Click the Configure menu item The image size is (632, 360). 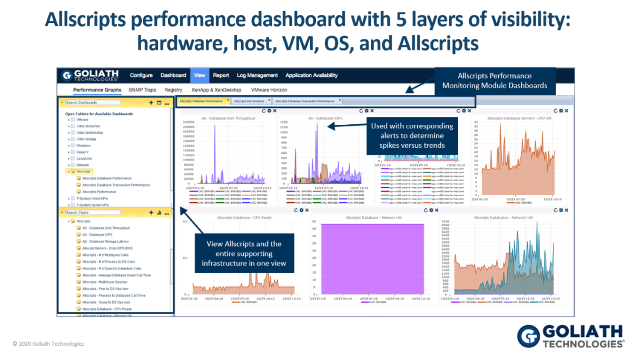[141, 75]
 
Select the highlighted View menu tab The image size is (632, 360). [200, 75]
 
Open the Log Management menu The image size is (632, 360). [257, 75]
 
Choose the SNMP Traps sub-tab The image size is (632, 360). [142, 90]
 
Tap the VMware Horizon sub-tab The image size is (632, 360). [269, 90]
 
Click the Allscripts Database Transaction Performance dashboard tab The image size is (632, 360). [305, 101]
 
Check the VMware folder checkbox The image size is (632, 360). [72, 120]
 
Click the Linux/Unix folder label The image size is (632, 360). [84, 158]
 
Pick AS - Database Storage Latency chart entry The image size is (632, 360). [105, 241]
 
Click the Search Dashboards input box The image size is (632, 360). [93, 103]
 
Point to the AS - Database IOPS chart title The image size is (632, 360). [322, 118]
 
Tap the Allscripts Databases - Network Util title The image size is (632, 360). [503, 217]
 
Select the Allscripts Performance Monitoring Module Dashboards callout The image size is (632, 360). [495, 81]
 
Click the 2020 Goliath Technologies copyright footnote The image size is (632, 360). [48, 344]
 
